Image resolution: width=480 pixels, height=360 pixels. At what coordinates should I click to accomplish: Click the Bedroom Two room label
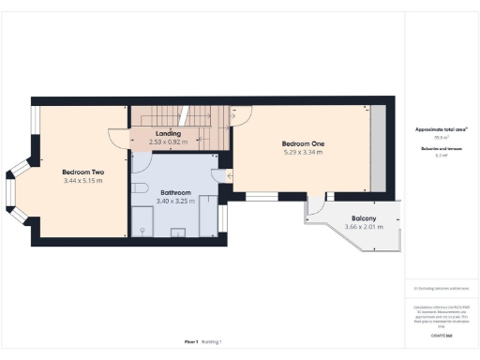tap(82, 172)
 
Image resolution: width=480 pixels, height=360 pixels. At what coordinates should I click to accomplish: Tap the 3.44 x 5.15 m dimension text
tap(82, 180)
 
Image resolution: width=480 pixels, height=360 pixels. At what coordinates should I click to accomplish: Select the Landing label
tap(168, 134)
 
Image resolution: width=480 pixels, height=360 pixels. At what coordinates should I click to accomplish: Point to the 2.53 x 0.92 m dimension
tap(168, 142)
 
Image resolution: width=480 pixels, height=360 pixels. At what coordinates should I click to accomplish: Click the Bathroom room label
tap(175, 192)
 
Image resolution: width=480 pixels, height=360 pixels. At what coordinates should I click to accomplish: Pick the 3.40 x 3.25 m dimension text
tap(175, 201)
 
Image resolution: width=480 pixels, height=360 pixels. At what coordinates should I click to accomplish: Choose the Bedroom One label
tap(301, 143)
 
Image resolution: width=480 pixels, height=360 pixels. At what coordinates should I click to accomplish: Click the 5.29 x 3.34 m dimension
tap(301, 152)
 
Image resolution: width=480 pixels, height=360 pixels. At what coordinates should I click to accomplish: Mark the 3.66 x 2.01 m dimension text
tap(363, 227)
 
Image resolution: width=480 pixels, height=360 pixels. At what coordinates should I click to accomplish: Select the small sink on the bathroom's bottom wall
tap(142, 228)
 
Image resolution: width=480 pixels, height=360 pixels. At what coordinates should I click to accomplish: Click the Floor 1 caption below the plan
tap(190, 341)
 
